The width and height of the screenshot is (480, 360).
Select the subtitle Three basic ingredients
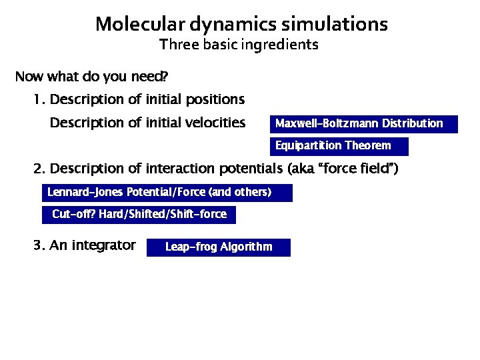click(x=239, y=45)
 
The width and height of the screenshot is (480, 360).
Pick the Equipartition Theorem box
click(x=339, y=146)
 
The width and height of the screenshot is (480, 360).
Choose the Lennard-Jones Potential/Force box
click(x=167, y=193)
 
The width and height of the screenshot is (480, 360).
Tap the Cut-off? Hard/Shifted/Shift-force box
click(x=139, y=215)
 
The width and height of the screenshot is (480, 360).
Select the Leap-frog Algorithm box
click(x=218, y=247)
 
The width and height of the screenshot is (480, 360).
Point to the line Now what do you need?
click(x=91, y=77)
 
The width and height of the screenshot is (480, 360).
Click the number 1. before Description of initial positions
click(x=39, y=100)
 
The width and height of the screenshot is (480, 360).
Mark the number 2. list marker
click(x=39, y=169)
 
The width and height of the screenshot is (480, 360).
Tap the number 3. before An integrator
click(x=39, y=245)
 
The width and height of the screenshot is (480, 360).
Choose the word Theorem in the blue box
click(x=367, y=146)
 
